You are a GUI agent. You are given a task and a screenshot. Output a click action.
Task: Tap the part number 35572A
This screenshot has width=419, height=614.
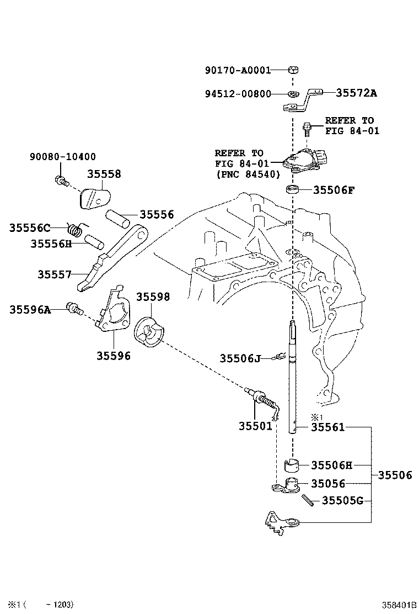click(x=356, y=93)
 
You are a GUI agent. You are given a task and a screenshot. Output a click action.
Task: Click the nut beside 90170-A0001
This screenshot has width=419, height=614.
click(x=293, y=70)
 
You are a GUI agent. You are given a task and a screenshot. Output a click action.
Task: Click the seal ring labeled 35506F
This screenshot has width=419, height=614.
click(x=293, y=190)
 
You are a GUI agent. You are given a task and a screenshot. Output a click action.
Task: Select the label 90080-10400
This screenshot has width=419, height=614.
click(x=62, y=157)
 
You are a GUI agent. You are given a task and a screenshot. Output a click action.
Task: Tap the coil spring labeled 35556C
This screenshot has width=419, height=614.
click(x=76, y=227)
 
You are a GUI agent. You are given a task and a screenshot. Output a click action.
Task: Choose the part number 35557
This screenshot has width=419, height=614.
click(x=55, y=274)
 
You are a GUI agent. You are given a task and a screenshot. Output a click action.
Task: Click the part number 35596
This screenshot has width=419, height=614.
click(x=114, y=356)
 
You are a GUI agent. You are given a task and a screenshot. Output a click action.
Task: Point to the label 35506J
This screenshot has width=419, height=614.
click(x=240, y=358)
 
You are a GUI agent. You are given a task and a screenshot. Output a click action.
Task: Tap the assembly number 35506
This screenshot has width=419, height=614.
click(x=394, y=475)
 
